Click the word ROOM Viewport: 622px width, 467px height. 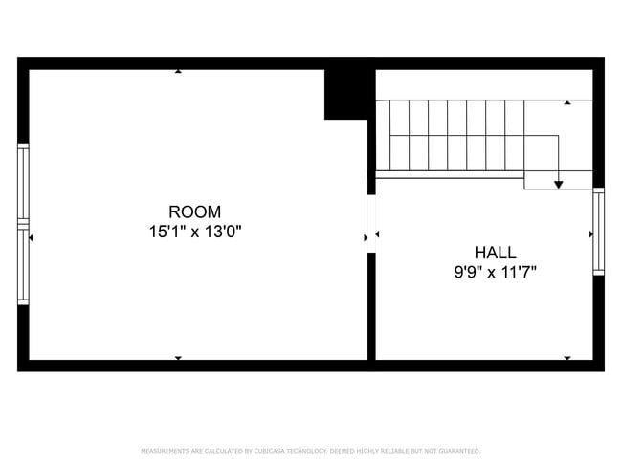(x=194, y=211)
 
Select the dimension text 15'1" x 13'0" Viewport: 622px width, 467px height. (x=194, y=231)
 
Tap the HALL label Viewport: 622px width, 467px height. (x=496, y=253)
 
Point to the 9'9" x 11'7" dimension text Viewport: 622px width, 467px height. (x=496, y=272)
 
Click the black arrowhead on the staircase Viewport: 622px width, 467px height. (x=559, y=183)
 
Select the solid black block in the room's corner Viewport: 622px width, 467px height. (x=346, y=94)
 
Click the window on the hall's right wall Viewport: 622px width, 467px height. (x=598, y=231)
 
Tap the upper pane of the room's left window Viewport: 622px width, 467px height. (x=23, y=183)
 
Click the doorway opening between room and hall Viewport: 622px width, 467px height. (x=371, y=224)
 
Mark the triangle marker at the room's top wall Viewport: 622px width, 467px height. (x=178, y=71)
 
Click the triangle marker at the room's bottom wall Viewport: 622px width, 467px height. (x=178, y=358)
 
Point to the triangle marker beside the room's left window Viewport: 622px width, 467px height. (x=32, y=236)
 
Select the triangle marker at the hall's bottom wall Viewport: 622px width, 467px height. (x=567, y=358)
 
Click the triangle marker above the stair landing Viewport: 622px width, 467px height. (x=567, y=101)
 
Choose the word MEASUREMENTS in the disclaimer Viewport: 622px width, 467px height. (x=164, y=450)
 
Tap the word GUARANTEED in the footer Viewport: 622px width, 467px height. (x=458, y=450)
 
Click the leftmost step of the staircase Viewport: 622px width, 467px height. (x=399, y=136)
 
